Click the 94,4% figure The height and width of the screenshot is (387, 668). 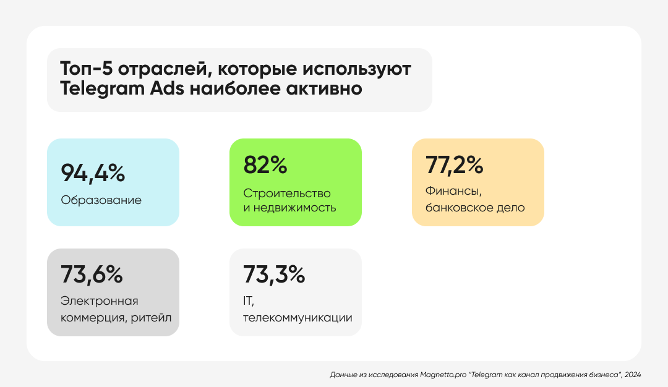pyautogui.click(x=93, y=174)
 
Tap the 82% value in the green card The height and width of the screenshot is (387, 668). pyautogui.click(x=265, y=165)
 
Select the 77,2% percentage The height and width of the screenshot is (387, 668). pyautogui.click(x=455, y=165)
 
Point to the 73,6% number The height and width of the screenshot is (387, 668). pyautogui.click(x=92, y=274)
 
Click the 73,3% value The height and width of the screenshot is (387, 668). pyautogui.click(x=274, y=274)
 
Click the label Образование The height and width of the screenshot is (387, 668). pyautogui.click(x=101, y=200)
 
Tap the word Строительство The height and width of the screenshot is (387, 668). pyautogui.click(x=287, y=193)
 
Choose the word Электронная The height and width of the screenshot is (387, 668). pyautogui.click(x=100, y=301)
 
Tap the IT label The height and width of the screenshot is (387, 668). pyautogui.click(x=249, y=301)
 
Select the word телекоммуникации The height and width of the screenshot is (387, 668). pyautogui.click(x=298, y=318)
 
